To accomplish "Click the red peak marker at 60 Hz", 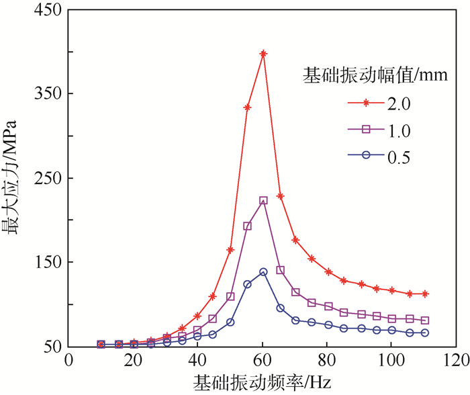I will tap(263, 53).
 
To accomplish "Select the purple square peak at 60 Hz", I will tap(263, 200).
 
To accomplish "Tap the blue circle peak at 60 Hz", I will tap(263, 272).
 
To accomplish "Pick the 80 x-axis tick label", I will tap(328, 359).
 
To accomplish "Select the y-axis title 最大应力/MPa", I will tap(15, 178).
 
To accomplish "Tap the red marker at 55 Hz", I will tap(247, 107).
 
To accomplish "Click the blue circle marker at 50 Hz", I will tap(230, 322).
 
